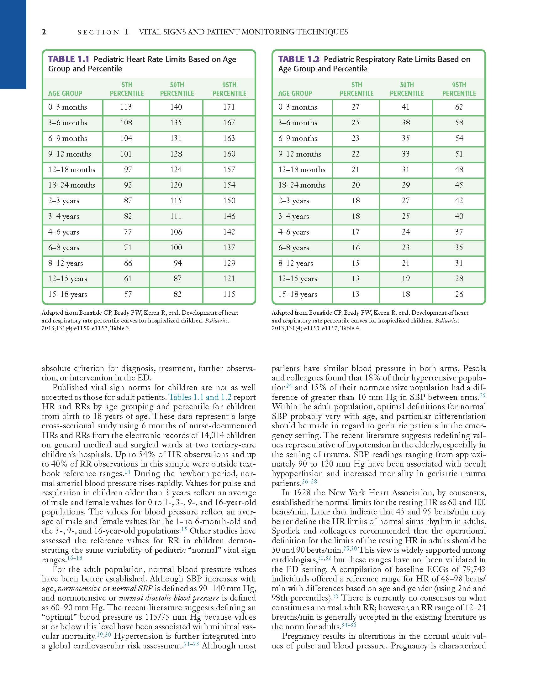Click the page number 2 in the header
click(44, 32)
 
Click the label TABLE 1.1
click(69, 59)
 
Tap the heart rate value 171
click(229, 107)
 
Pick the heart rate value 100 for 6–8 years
click(176, 248)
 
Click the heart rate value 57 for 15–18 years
click(128, 294)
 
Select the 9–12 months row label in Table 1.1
click(70, 154)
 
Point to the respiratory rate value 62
click(459, 107)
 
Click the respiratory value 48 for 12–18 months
click(459, 170)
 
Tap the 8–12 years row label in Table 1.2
click(296, 263)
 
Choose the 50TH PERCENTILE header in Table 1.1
click(177, 89)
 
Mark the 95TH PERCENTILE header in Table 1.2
click(459, 89)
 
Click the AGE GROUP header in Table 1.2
click(295, 93)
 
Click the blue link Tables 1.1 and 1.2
click(200, 397)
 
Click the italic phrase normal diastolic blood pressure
click(169, 598)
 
